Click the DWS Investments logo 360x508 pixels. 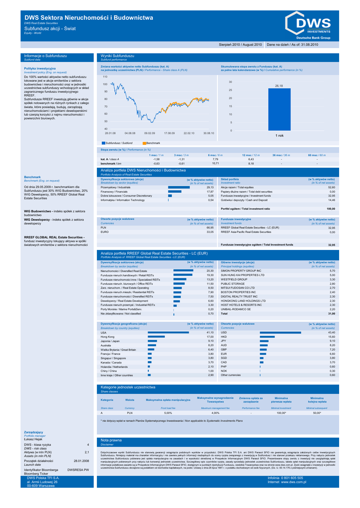pos(307,25)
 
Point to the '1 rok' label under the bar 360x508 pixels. pos(280,135)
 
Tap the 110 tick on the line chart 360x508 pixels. pos(105,77)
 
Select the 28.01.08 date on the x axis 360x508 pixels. pos(110,133)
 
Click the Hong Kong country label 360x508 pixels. pos(108,337)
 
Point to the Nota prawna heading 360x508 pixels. pos(111,441)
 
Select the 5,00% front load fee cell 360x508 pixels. pos(168,413)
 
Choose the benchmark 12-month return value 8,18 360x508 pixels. pos(251,163)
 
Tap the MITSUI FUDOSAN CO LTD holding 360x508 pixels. pos(237,288)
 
